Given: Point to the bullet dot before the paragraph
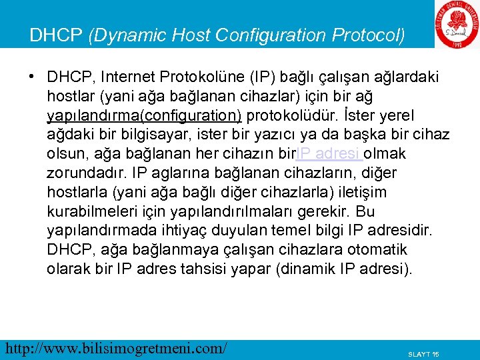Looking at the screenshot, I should point(32,77).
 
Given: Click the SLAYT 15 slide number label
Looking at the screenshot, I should point(423,353).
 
